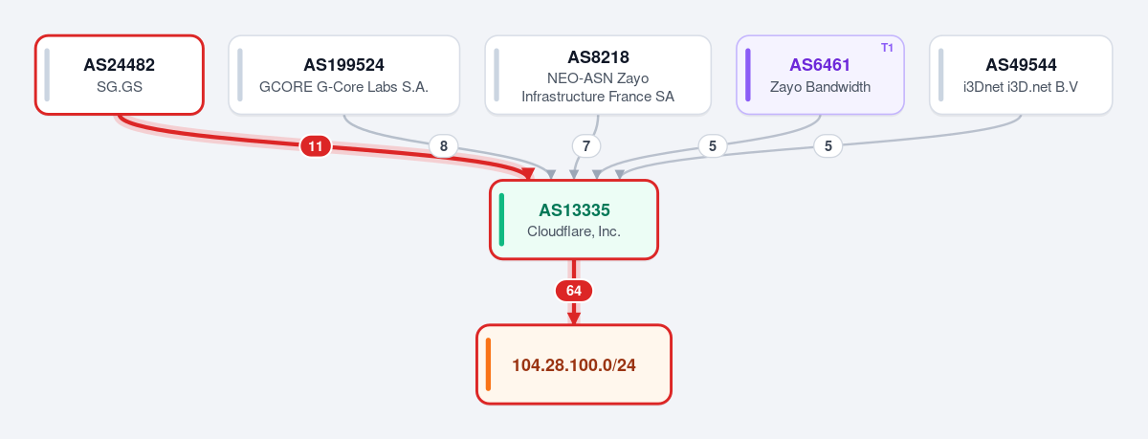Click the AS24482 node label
click(119, 65)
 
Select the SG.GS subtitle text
click(120, 87)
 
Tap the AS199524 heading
click(343, 65)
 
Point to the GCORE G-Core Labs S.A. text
click(343, 87)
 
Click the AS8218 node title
click(598, 56)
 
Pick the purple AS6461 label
click(820, 65)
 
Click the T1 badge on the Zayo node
click(887, 48)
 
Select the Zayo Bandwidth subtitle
click(820, 87)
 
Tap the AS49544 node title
click(1021, 65)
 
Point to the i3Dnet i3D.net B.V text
click(1021, 87)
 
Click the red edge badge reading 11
click(315, 146)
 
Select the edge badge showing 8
click(443, 146)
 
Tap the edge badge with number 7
click(586, 146)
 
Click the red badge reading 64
click(574, 291)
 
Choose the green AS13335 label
click(575, 210)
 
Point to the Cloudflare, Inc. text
click(574, 231)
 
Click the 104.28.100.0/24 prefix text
click(574, 365)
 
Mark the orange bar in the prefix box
click(489, 364)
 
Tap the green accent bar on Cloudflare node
click(501, 220)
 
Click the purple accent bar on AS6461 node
click(748, 75)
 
